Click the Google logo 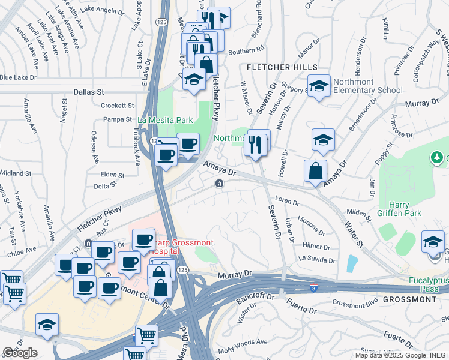coord(20,353)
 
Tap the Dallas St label coord(89,92)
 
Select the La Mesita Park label coord(166,120)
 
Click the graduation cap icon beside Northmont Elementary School coord(320,86)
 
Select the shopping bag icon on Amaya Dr coord(315,171)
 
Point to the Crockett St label coord(116,105)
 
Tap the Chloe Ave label coord(20,252)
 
